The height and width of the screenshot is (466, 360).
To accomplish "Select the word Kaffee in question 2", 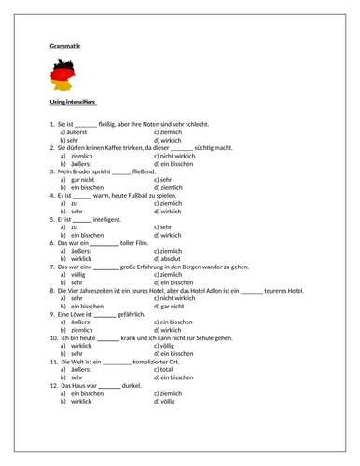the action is tap(113, 146).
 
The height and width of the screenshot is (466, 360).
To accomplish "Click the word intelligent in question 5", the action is tap(106, 218).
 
